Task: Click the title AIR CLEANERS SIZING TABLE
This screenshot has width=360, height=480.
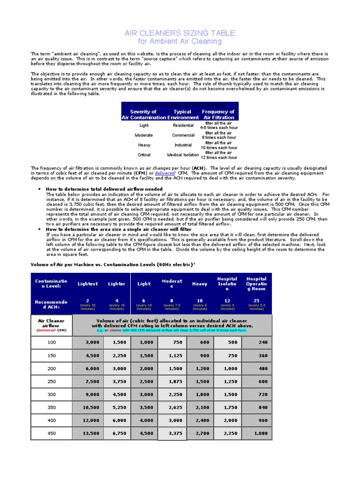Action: [x=180, y=33]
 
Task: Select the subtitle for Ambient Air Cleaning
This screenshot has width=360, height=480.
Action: [x=180, y=41]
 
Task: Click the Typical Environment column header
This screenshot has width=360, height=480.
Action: [x=182, y=115]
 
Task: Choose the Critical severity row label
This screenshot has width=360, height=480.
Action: [x=144, y=155]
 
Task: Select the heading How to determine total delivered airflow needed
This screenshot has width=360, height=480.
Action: [x=104, y=189]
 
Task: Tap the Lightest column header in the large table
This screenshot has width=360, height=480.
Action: [x=88, y=284]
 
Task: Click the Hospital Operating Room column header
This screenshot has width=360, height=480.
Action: [x=256, y=284]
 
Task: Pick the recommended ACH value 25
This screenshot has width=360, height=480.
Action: [x=256, y=300]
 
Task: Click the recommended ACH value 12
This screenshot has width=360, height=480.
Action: [x=228, y=300]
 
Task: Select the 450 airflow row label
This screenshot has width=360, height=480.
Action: [x=51, y=434]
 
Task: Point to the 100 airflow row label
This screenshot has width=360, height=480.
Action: [x=51, y=342]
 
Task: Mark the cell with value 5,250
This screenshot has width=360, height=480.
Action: [x=116, y=408]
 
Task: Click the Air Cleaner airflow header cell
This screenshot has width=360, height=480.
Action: [x=51, y=324]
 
